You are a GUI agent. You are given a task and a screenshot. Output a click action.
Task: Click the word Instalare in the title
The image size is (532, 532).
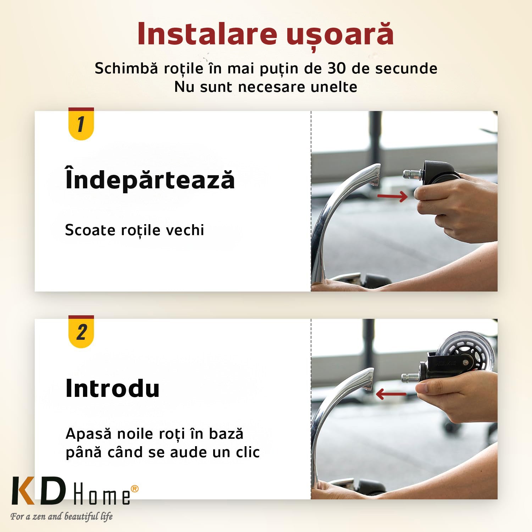[x=207, y=34]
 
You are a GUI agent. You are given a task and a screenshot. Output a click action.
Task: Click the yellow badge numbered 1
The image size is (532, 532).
[x=81, y=124]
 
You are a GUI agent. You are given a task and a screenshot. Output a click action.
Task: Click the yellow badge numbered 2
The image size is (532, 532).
[x=81, y=332]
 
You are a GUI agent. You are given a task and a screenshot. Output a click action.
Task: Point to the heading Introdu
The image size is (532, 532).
[x=112, y=388]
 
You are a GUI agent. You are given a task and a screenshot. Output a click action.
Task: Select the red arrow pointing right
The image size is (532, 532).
[x=392, y=196]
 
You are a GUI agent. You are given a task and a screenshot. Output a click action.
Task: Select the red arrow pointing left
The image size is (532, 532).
[x=391, y=394]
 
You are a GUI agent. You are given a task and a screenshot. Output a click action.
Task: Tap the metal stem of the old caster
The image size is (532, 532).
[x=413, y=174]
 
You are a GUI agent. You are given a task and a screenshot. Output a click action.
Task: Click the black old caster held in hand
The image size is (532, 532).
[x=440, y=173]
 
